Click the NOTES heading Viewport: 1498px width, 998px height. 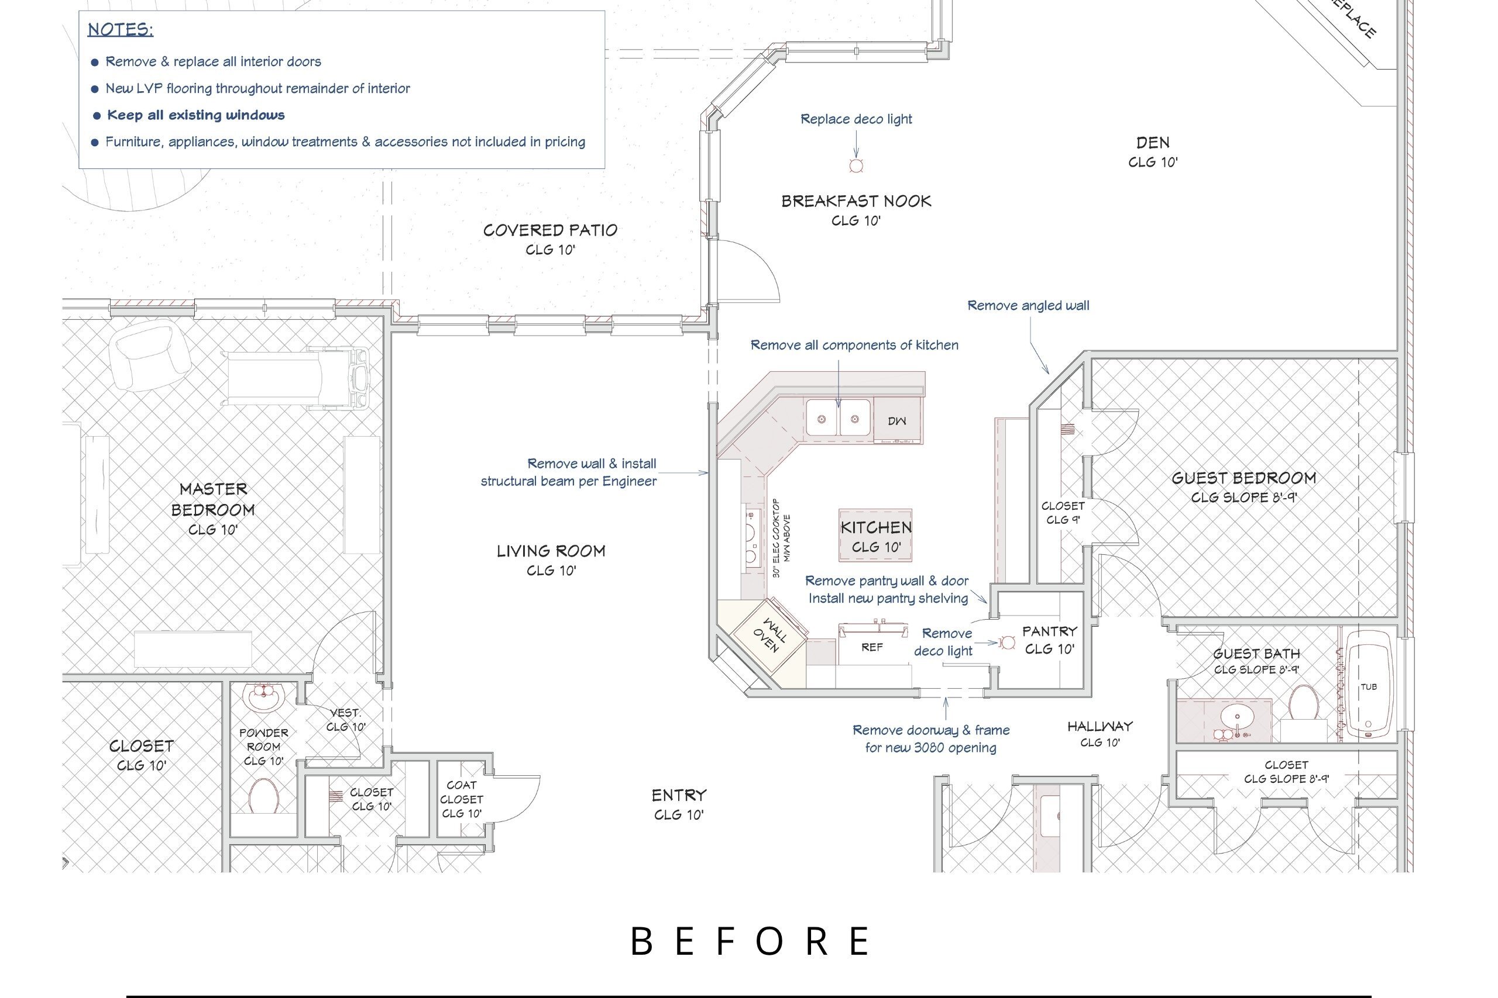[121, 29]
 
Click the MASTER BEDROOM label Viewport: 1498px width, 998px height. [213, 499]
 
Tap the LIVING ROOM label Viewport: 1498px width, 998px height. [551, 551]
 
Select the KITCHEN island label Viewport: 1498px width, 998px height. [877, 527]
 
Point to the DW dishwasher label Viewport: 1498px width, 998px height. [897, 421]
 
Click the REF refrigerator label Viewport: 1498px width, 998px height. [872, 647]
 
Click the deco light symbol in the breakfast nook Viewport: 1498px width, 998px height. [856, 166]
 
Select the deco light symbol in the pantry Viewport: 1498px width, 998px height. [1008, 643]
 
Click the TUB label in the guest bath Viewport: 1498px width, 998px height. [1369, 687]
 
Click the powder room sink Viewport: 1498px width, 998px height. [263, 697]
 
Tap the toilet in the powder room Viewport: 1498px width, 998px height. [263, 796]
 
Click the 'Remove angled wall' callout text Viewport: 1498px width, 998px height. [1028, 306]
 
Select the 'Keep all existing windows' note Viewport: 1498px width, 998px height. [195, 115]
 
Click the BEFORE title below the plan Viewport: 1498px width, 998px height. [750, 941]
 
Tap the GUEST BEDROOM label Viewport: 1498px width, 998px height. [1244, 478]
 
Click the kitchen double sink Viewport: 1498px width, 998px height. [838, 417]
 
